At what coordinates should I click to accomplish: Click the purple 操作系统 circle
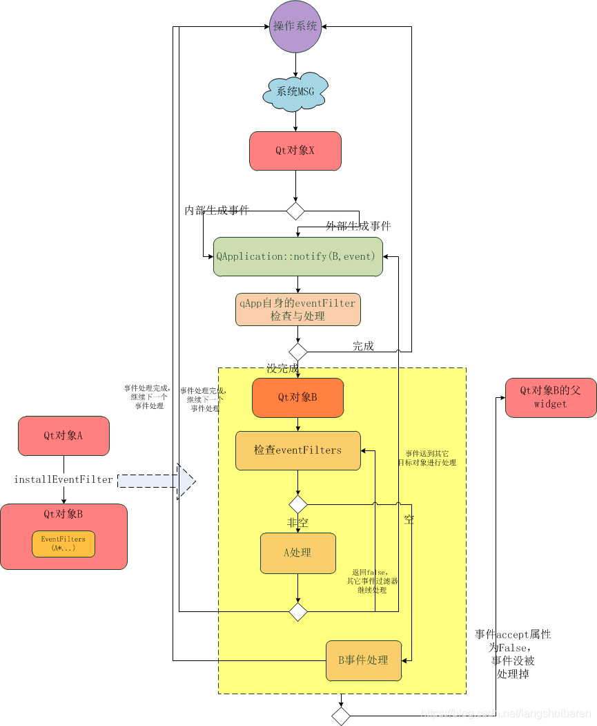coord(295,27)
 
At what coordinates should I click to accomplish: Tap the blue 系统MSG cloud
coord(295,91)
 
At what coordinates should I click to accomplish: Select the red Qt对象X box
coord(295,151)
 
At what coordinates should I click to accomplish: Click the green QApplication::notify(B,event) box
coord(297,256)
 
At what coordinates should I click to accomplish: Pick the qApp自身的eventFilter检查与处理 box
coord(297,309)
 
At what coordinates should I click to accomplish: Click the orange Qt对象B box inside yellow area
coord(297,397)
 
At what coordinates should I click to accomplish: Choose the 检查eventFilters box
coord(297,450)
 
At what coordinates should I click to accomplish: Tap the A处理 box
coord(297,553)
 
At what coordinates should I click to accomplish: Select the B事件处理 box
coord(363,660)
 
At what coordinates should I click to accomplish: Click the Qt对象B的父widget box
coord(550,397)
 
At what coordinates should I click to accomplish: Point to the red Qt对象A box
coord(63,435)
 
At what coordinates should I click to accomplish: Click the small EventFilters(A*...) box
coord(63,544)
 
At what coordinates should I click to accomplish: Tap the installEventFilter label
coord(63,479)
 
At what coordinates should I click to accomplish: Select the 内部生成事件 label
coord(216,210)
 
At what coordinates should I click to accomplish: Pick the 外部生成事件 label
coord(358,226)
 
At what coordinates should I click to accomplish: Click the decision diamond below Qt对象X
coord(295,211)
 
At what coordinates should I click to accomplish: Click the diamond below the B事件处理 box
coord(341,716)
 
